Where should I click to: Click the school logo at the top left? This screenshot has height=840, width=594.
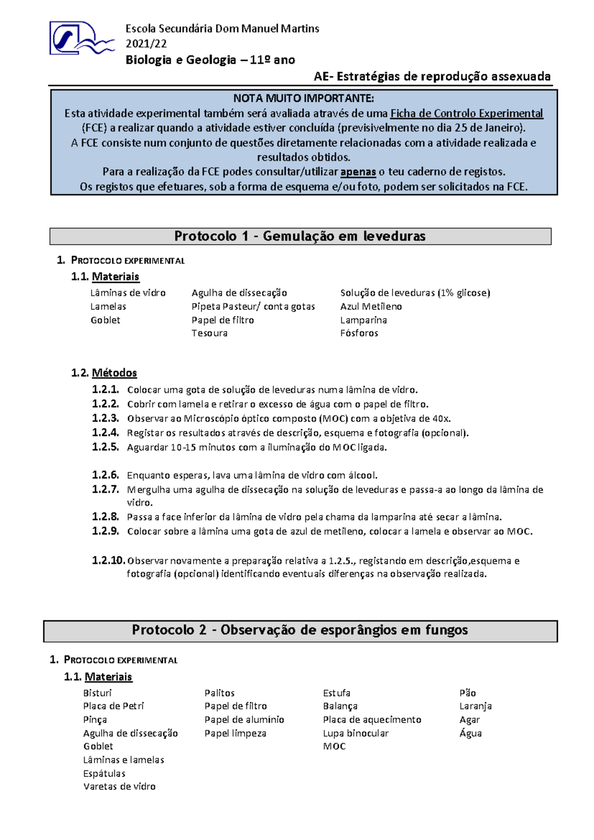81,38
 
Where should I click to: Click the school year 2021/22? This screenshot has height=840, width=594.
146,44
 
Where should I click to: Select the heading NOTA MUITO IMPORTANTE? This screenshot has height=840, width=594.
303,98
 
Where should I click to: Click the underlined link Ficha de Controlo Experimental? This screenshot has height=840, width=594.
466,113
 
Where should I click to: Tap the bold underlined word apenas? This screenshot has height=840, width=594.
358,172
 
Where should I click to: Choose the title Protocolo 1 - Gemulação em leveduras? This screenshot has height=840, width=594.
300,236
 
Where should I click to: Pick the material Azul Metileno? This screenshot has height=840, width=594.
371,307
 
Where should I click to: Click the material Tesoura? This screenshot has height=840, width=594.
209,333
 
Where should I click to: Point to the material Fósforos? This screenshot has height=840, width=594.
359,333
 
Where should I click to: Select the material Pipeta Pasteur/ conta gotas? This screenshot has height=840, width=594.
253,307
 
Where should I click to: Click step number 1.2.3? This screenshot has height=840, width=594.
105,419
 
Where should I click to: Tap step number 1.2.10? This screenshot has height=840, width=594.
108,561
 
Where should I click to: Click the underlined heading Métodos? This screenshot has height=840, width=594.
114,373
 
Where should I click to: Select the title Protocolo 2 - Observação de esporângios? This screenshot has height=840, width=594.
300,630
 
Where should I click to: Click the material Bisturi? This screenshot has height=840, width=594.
97,693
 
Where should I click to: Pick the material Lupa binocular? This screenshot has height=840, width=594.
355,733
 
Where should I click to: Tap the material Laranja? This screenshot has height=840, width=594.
475,706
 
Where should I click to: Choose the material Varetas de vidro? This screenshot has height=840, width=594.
119,787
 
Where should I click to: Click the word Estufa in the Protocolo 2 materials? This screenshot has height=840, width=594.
337,693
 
